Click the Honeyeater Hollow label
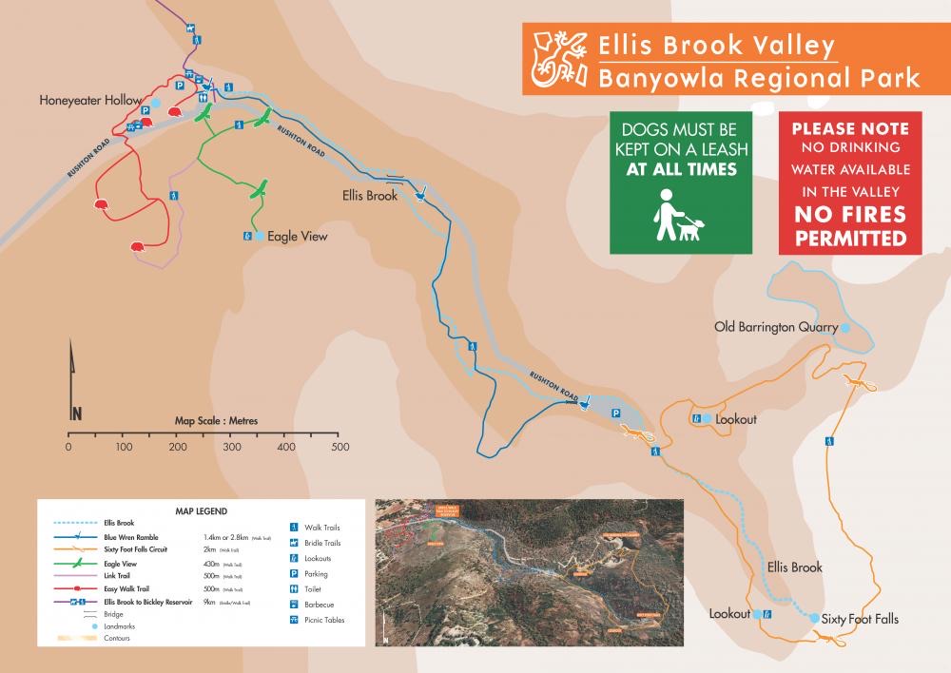pyautogui.click(x=90, y=100)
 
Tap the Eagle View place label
pyautogui.click(x=297, y=236)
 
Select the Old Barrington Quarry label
pyautogui.click(x=776, y=327)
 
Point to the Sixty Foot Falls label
pyautogui.click(x=860, y=619)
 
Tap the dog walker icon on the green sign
pyautogui.click(x=679, y=216)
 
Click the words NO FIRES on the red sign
pyautogui.click(x=851, y=216)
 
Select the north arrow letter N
pyautogui.click(x=76, y=413)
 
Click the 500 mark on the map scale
pyautogui.click(x=336, y=447)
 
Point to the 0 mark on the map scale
pyautogui.click(x=68, y=447)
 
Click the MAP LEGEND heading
pyautogui.click(x=202, y=511)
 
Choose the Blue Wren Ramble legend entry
pyautogui.click(x=132, y=537)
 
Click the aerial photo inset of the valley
pyautogui.click(x=529, y=572)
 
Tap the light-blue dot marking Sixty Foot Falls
pyautogui.click(x=814, y=619)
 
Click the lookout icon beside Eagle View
pyautogui.click(x=247, y=236)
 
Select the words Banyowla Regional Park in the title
pyautogui.click(x=759, y=77)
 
